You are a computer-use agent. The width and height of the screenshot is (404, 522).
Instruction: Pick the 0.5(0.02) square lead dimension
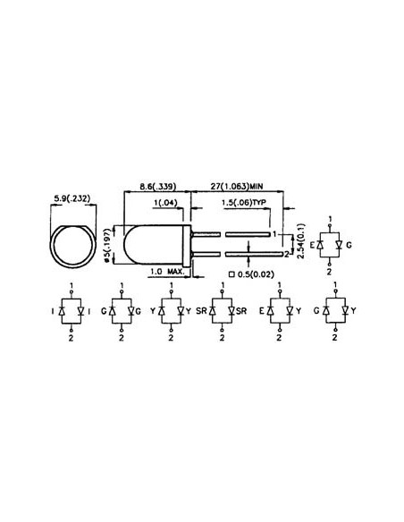pyautogui.click(x=254, y=273)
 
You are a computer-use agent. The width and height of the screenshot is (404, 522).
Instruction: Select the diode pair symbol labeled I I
pyautogui.click(x=72, y=311)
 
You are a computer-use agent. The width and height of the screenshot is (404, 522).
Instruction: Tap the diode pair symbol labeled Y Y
pyautogui.click(x=170, y=311)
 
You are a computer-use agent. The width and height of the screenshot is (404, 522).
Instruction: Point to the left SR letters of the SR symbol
pyautogui.click(x=202, y=311)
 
